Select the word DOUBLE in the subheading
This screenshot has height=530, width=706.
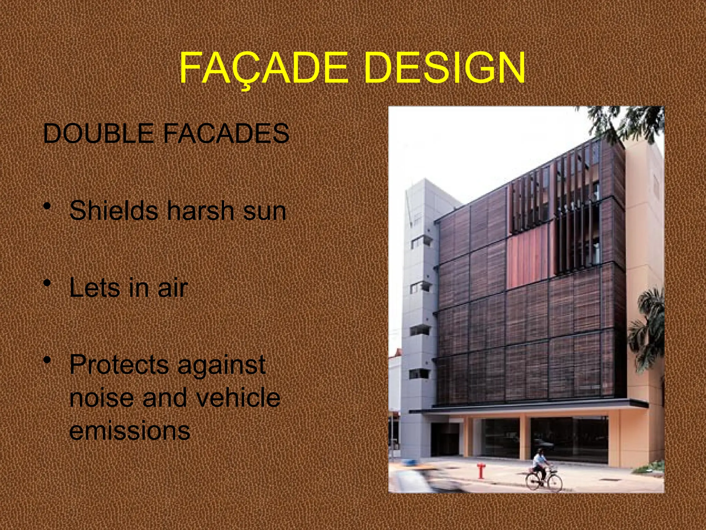point(98,134)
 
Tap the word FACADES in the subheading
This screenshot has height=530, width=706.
point(226,134)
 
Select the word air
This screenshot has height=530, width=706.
point(173,288)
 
